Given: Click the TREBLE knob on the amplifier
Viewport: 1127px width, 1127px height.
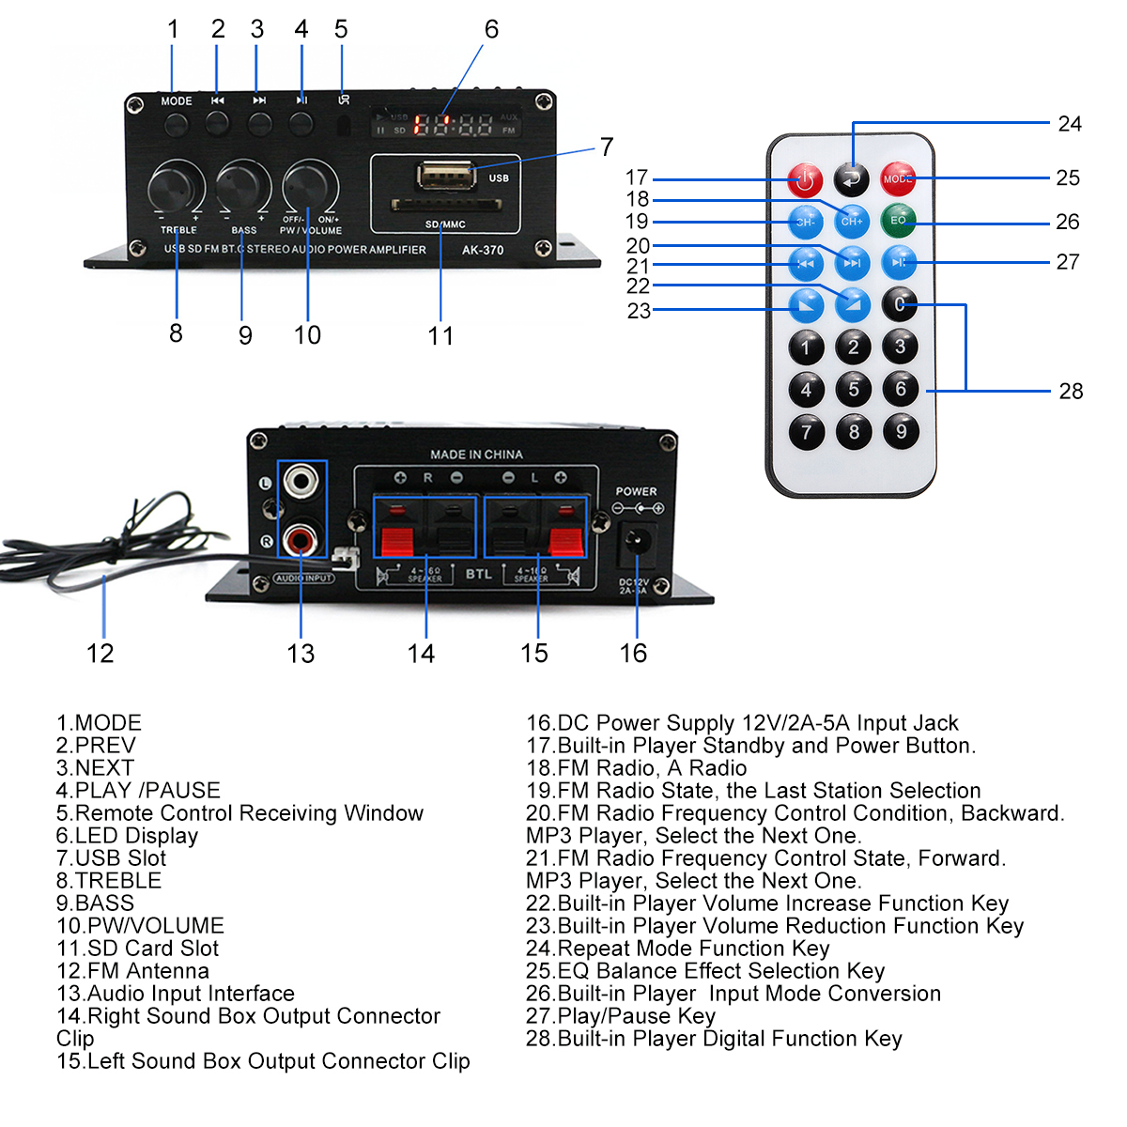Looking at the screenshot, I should [x=176, y=186].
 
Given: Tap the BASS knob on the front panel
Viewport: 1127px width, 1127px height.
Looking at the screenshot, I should [x=242, y=185].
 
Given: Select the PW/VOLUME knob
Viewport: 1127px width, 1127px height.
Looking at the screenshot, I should [x=309, y=185].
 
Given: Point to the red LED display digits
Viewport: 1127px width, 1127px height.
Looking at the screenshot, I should [x=455, y=125].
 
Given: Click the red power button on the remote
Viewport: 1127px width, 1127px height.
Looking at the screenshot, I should [x=805, y=178].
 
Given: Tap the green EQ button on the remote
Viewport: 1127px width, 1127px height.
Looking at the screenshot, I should [x=899, y=221].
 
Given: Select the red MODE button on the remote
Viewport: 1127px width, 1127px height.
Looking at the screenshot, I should [x=898, y=178].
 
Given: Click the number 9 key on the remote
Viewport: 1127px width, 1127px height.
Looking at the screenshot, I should [x=901, y=432].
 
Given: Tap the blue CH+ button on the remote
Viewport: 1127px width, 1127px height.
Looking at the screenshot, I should [x=852, y=222].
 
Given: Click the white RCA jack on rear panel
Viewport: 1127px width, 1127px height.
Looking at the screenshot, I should [x=301, y=482].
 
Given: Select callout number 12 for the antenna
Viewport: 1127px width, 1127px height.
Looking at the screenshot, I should [x=100, y=653].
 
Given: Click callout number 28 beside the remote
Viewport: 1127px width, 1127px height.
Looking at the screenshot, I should [x=1071, y=391].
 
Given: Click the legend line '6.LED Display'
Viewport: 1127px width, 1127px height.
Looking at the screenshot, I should [x=128, y=836].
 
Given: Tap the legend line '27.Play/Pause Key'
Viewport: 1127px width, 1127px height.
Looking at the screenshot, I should [x=621, y=1016].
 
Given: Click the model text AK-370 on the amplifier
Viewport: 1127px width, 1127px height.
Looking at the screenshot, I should [x=483, y=250].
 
